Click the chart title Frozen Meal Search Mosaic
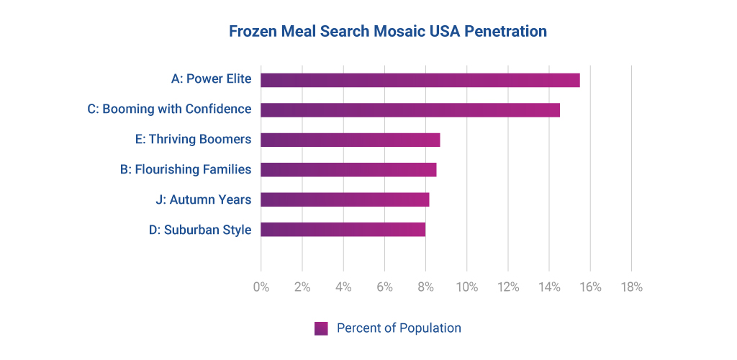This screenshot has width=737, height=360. click(x=387, y=32)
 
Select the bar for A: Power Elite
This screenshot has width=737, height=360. click(x=420, y=80)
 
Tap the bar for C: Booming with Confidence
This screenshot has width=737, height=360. click(x=410, y=110)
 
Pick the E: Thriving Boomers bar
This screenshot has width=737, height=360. click(x=350, y=140)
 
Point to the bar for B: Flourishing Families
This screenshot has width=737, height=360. click(x=348, y=170)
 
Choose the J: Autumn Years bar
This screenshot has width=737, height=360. click(x=345, y=199)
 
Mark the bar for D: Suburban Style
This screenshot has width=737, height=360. click(x=343, y=230)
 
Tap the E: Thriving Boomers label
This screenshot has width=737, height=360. click(x=193, y=140)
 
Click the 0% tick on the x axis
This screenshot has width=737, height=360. click(x=261, y=287)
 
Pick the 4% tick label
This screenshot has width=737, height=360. click(x=343, y=287)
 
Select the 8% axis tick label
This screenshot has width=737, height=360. click(x=425, y=287)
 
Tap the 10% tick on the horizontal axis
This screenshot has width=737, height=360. click(x=466, y=287)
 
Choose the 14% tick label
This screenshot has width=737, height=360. click(x=549, y=287)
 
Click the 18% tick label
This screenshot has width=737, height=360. click(x=631, y=287)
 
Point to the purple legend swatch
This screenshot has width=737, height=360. click(x=321, y=328)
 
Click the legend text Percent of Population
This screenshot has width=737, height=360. click(x=399, y=328)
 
